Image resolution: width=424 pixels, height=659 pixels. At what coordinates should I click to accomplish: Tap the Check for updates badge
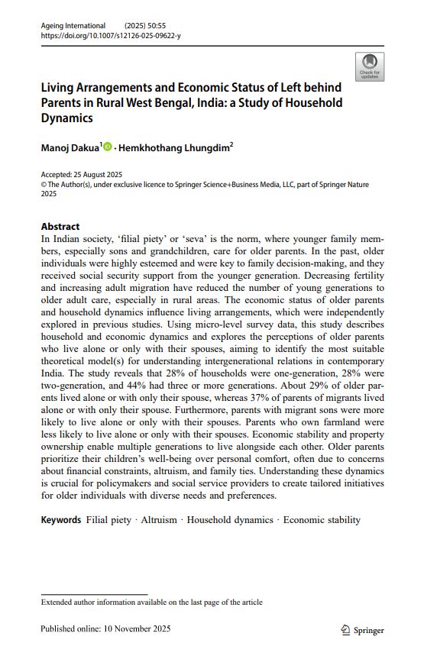coord(370,66)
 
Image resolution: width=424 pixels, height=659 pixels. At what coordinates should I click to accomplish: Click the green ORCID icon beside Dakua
coord(107,147)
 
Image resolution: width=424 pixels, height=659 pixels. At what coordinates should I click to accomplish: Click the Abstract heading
coord(60,226)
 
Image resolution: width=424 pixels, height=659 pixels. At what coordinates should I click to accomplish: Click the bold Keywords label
coord(60,520)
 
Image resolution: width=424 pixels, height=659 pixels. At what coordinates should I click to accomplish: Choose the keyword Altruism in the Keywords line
coord(159,520)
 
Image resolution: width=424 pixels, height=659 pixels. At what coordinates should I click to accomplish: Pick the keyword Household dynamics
coord(230,520)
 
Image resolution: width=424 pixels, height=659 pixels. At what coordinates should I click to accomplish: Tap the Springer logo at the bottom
coord(363,630)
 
